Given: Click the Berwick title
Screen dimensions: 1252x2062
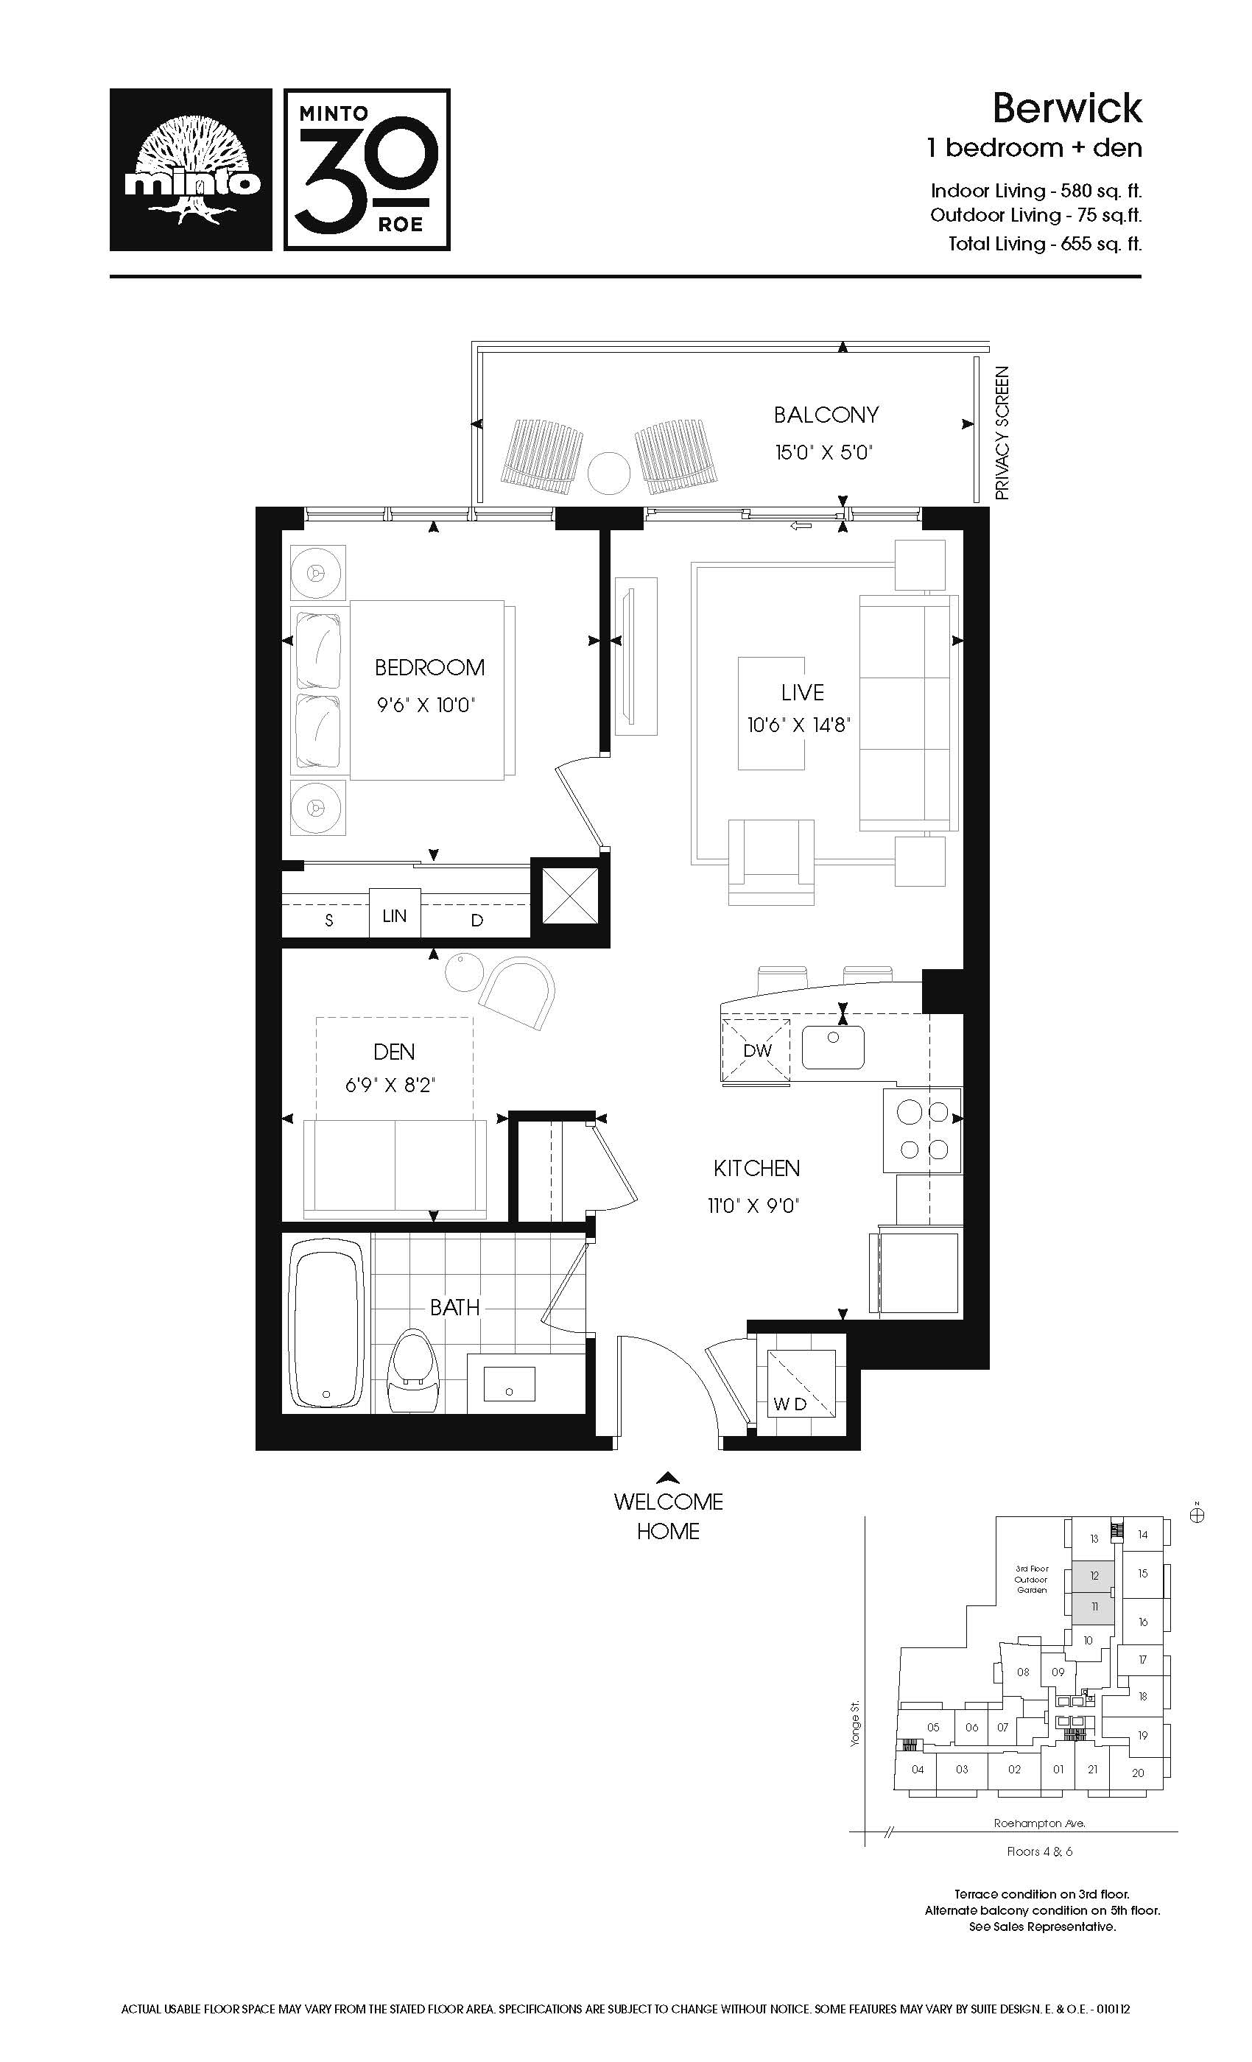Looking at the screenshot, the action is click(x=1067, y=108).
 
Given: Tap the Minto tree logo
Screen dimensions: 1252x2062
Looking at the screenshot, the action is click(x=191, y=169).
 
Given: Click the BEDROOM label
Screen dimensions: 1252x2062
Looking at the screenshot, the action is click(x=429, y=667).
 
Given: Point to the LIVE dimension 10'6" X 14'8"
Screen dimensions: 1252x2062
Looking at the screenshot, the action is click(x=798, y=725).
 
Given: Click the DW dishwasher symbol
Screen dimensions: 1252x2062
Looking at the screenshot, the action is click(x=756, y=1050).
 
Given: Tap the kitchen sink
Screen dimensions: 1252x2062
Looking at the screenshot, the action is click(x=833, y=1047).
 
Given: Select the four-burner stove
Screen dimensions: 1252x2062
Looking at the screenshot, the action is click(x=922, y=1130).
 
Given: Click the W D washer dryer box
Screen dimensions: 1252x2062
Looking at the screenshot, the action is click(x=801, y=1383).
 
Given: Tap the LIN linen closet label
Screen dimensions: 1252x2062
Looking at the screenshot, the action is click(x=395, y=915).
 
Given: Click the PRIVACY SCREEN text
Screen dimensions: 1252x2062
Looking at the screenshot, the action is click(x=1002, y=433).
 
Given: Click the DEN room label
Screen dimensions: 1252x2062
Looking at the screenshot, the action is click(x=394, y=1051).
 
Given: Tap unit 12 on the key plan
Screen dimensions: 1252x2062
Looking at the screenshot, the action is click(x=1094, y=1576).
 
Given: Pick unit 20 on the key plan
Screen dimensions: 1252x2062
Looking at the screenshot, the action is click(x=1137, y=1773).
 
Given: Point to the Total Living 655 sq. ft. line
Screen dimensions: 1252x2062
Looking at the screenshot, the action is click(x=1045, y=244).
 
